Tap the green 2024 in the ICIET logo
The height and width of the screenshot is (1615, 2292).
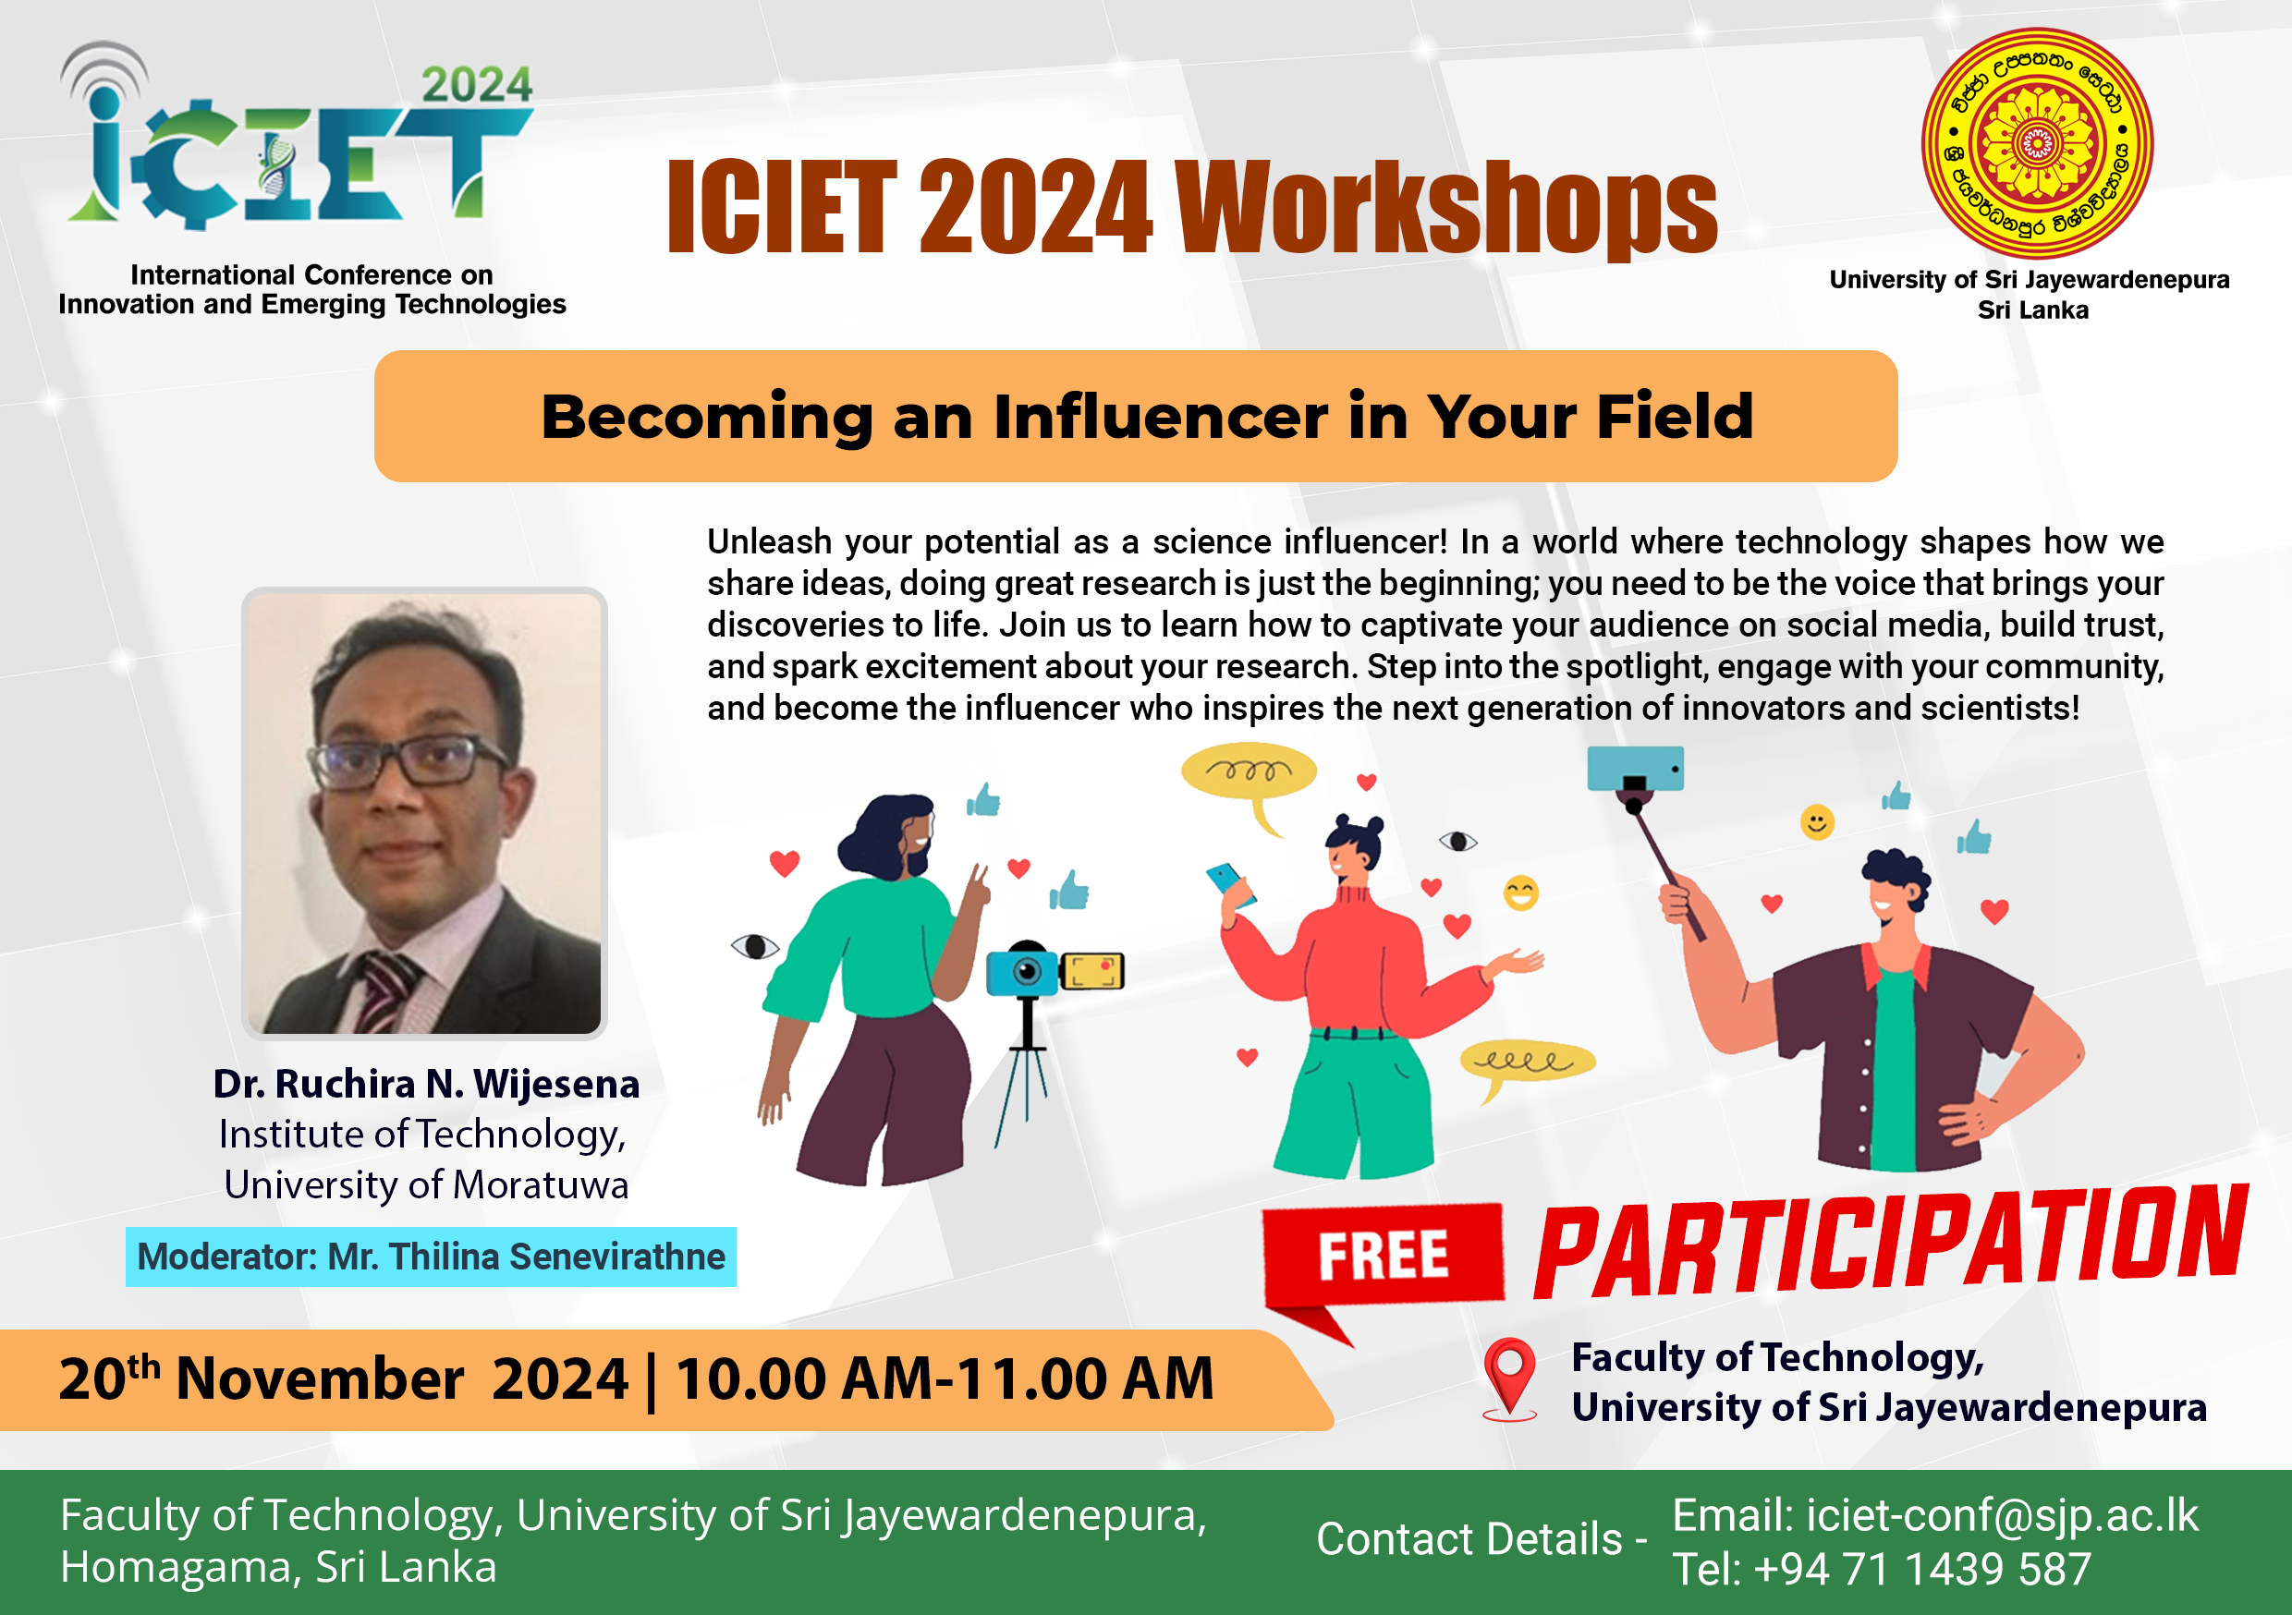coord(476,85)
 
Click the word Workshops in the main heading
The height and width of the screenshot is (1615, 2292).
coord(1446,208)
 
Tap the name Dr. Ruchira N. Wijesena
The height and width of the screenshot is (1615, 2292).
coord(426,1084)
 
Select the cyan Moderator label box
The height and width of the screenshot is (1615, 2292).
coord(431,1257)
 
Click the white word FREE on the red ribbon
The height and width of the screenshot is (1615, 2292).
coord(1383,1255)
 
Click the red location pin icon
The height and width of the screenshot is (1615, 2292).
coord(1509,1378)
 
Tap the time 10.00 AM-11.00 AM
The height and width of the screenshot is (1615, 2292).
coord(945,1378)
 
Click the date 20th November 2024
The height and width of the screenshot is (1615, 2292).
coord(344,1378)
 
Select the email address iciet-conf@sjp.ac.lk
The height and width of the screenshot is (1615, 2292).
coord(2002,1515)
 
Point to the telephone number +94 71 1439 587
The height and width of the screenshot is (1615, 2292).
coord(1921,1568)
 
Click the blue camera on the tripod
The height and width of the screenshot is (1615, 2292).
coord(1023,969)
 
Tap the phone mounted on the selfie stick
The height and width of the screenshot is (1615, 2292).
coord(1635,769)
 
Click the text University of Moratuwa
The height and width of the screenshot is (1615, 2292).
coord(426,1184)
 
